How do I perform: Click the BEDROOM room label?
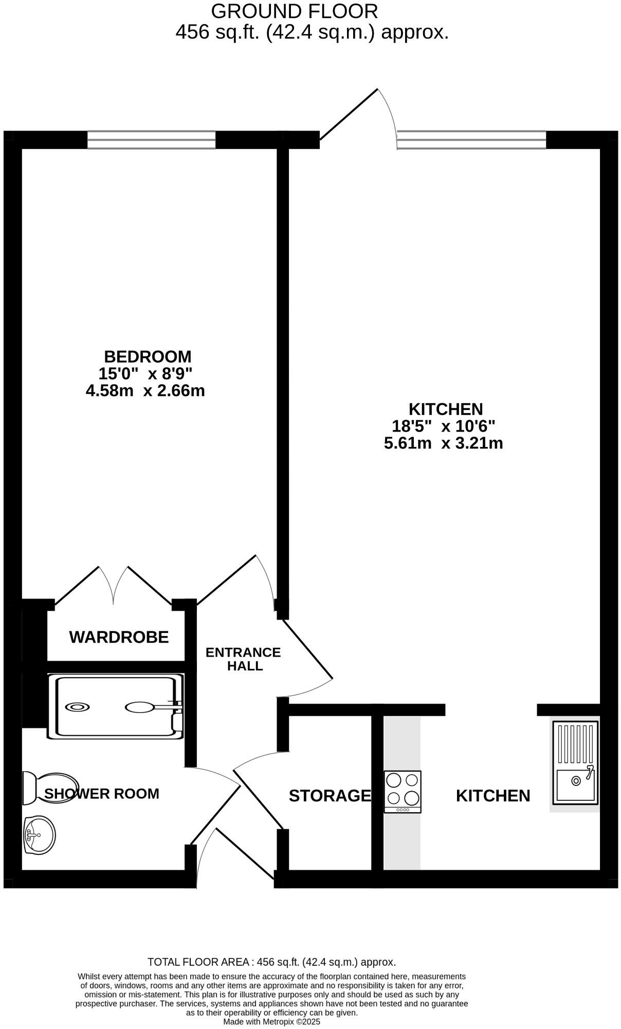click(148, 356)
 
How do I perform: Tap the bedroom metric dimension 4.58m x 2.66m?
click(145, 391)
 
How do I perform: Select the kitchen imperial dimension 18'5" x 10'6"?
click(443, 426)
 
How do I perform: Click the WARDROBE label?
click(119, 637)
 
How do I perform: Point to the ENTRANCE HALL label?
click(243, 659)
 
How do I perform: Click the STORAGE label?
click(330, 796)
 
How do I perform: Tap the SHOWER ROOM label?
click(102, 794)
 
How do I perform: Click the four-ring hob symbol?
click(403, 791)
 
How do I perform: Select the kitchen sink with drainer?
click(575, 763)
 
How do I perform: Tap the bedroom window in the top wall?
click(151, 140)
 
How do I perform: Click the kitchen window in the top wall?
click(471, 140)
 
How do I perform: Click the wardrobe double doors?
click(114, 586)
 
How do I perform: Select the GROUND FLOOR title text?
click(295, 11)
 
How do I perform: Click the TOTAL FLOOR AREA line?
click(271, 962)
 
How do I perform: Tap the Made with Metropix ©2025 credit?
click(271, 1022)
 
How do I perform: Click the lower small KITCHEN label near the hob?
click(492, 796)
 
